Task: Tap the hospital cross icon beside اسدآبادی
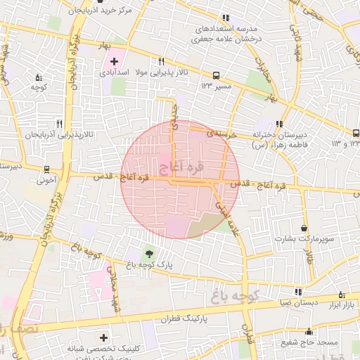pos(115,63)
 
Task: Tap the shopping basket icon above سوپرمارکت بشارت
pos(303,229)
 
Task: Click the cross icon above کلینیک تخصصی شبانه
pos(104,338)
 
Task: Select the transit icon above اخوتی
pos(46,169)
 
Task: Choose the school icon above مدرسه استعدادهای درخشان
pos(225,18)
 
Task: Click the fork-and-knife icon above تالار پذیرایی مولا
pos(161,61)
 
